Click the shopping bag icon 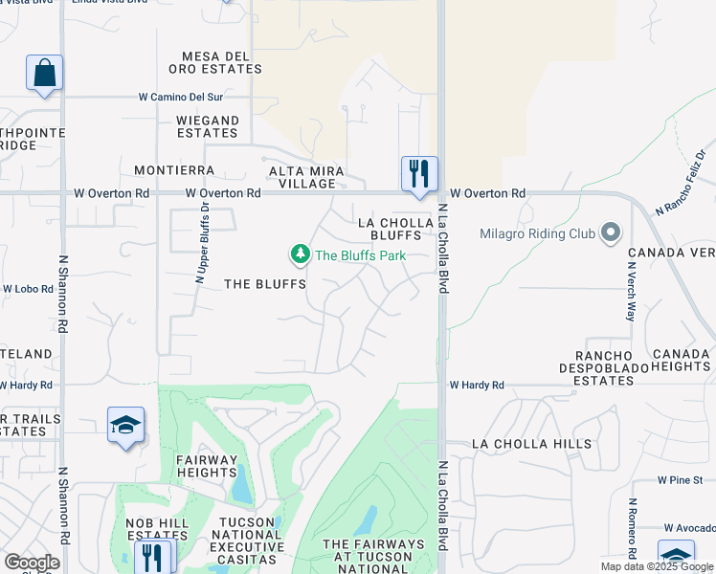pyautogui.click(x=44, y=73)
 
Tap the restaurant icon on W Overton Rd pyautogui.click(x=419, y=174)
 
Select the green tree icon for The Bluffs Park pyautogui.click(x=301, y=254)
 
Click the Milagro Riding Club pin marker pyautogui.click(x=610, y=233)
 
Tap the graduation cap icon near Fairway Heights pyautogui.click(x=125, y=426)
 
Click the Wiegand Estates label pyautogui.click(x=208, y=126)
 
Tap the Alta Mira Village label pyautogui.click(x=302, y=177)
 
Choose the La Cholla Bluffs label pyautogui.click(x=390, y=229)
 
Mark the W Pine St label pyautogui.click(x=681, y=479)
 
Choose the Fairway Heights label pyautogui.click(x=206, y=466)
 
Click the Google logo pyautogui.click(x=32, y=563)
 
